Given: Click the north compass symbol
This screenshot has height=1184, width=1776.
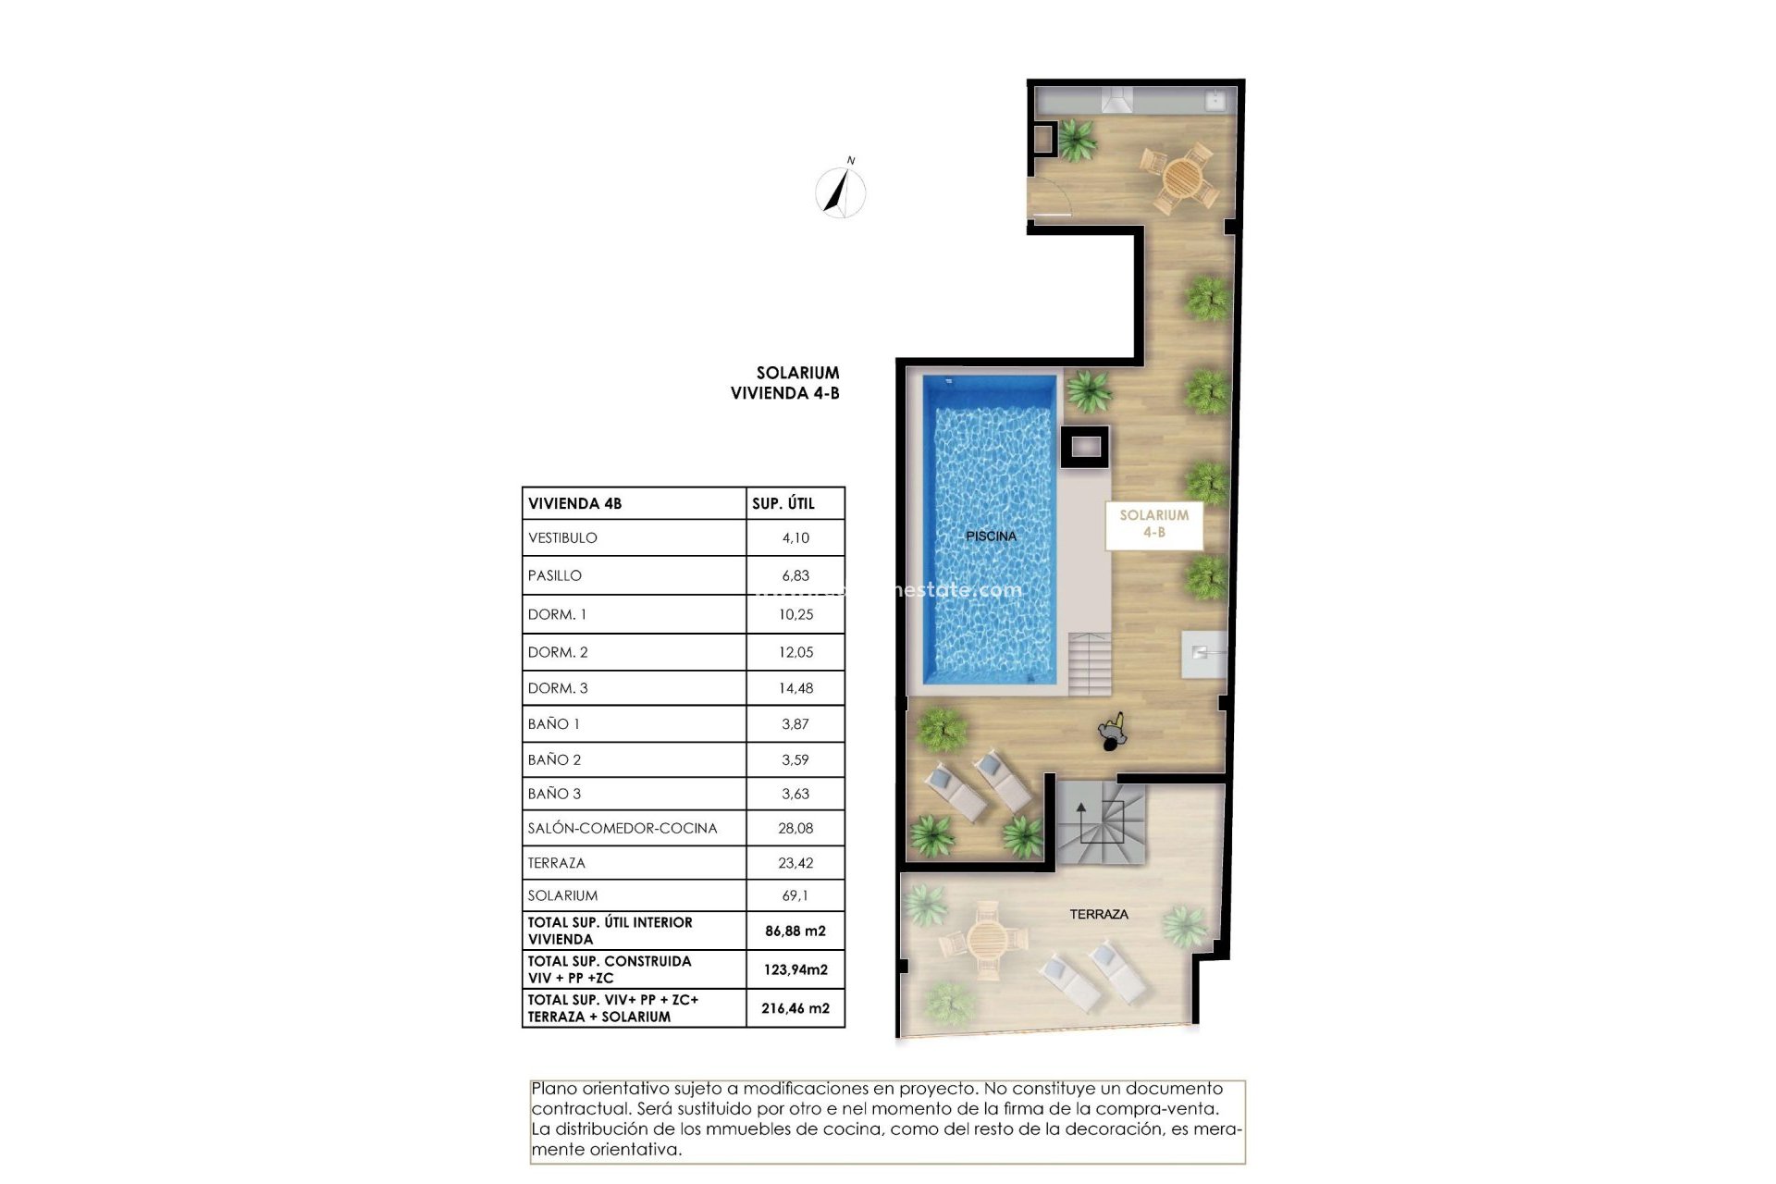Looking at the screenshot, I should click(x=841, y=191).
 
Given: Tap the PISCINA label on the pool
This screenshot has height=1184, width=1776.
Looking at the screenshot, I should click(x=991, y=536).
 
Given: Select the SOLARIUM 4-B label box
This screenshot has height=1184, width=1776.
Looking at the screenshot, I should click(x=1153, y=524).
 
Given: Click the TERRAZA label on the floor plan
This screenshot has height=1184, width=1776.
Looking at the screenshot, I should click(x=1099, y=914).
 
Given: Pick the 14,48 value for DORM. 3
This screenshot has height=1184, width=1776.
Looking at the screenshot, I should click(x=795, y=688).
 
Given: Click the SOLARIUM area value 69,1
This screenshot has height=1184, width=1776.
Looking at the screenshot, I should click(x=795, y=895).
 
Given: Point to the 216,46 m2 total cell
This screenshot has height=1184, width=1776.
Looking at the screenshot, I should click(x=795, y=1008).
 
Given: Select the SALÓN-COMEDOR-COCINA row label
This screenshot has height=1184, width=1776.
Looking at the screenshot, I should click(x=623, y=828).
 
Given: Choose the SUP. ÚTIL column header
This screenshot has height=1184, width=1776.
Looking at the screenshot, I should click(x=783, y=503).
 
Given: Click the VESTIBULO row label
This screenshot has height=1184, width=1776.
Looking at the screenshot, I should click(x=562, y=537).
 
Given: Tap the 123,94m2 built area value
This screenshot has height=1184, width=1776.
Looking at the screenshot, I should click(x=795, y=969).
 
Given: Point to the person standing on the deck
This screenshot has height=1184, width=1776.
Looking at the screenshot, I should click(x=1113, y=733).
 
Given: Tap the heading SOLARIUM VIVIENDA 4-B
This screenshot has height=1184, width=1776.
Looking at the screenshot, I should click(x=785, y=383).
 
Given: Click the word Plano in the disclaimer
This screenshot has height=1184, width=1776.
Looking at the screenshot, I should click(x=553, y=1089).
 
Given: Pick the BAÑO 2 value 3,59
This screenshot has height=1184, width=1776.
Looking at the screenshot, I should click(x=795, y=759).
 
